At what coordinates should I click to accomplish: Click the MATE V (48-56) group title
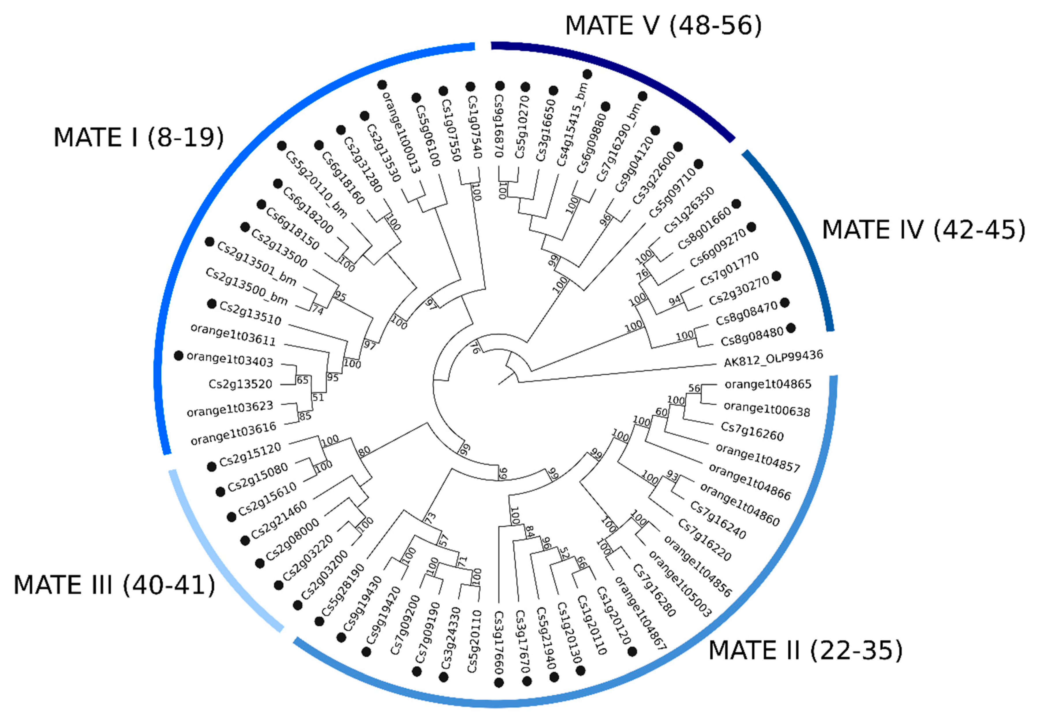click(663, 25)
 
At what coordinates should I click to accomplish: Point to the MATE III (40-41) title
click(114, 585)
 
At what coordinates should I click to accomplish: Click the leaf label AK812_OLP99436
click(773, 358)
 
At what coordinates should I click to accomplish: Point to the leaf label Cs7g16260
click(752, 431)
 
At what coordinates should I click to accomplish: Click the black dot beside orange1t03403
click(179, 356)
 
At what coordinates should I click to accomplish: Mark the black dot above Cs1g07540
click(470, 86)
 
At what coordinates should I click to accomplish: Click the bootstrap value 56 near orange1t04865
click(694, 388)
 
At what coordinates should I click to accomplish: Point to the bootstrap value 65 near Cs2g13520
click(302, 380)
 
